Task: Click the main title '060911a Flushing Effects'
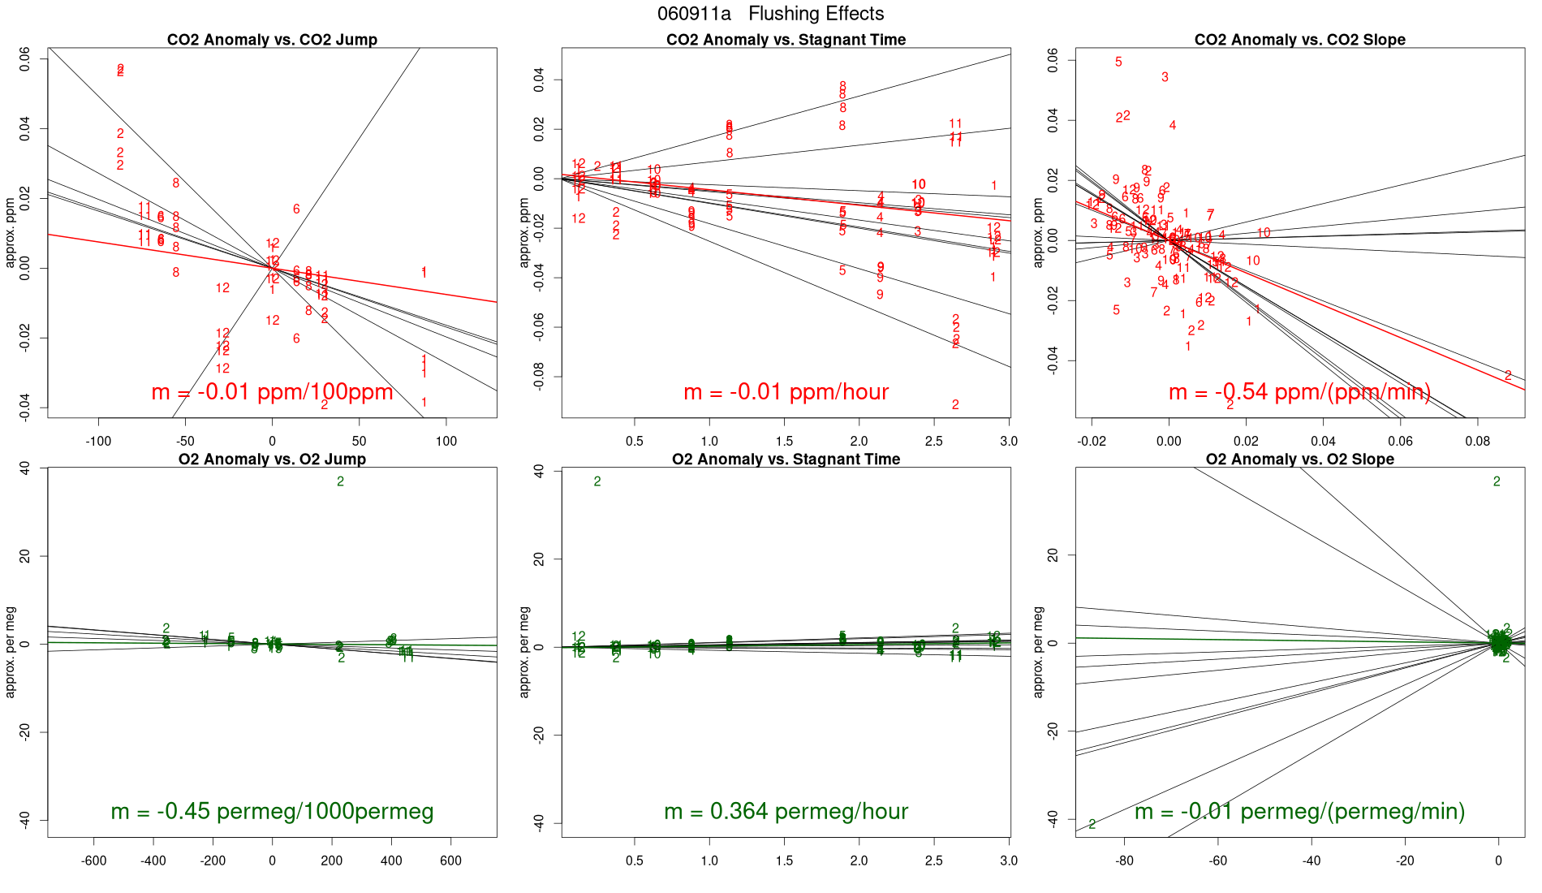(x=770, y=14)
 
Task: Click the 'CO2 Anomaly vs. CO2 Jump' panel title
(x=272, y=40)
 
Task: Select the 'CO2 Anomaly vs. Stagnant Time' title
(x=786, y=40)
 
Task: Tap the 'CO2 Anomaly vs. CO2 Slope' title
(x=1299, y=40)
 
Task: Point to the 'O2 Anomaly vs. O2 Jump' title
(x=272, y=459)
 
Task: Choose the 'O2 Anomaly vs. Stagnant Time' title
(x=786, y=459)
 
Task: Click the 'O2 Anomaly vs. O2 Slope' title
(x=1299, y=459)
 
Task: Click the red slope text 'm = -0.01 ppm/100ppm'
(x=272, y=392)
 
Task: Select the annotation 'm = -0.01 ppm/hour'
(x=786, y=392)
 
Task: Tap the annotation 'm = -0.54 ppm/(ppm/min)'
(x=1299, y=392)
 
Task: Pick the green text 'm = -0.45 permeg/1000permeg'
(x=272, y=811)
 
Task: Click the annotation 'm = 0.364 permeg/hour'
(x=786, y=811)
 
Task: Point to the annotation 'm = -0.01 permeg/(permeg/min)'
(x=1299, y=811)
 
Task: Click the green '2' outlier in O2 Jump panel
(x=340, y=481)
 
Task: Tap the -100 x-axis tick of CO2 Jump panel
(x=98, y=442)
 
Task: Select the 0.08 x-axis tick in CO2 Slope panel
(x=1477, y=442)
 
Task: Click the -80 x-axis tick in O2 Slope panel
(x=1124, y=861)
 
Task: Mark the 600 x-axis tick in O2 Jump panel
(x=450, y=861)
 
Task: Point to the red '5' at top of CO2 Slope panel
(x=1118, y=62)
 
